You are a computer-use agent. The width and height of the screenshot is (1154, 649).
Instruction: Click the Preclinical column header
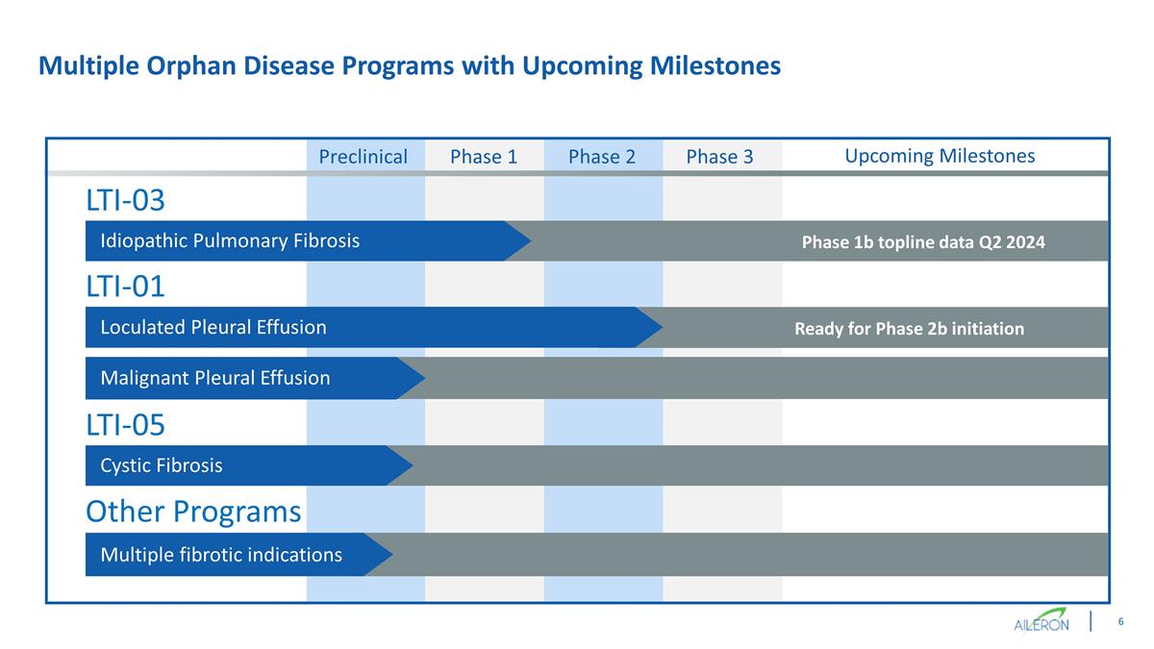pyautogui.click(x=364, y=157)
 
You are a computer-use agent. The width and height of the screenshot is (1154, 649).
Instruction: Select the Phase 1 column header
pyautogui.click(x=484, y=157)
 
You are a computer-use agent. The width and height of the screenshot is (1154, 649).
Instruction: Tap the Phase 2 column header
pyautogui.click(x=602, y=157)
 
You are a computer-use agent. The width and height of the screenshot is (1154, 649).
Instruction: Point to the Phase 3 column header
pyautogui.click(x=719, y=157)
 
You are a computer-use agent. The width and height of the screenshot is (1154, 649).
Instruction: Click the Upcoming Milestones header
pyautogui.click(x=940, y=156)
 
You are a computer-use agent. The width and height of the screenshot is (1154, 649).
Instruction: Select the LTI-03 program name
pyautogui.click(x=125, y=200)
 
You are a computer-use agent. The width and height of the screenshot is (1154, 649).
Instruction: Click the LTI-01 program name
pyautogui.click(x=125, y=287)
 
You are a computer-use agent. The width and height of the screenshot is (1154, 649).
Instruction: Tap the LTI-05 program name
pyautogui.click(x=125, y=425)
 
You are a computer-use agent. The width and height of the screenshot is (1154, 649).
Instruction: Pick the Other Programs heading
pyautogui.click(x=193, y=512)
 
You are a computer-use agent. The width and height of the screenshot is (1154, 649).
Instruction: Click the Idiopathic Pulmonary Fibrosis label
pyautogui.click(x=230, y=241)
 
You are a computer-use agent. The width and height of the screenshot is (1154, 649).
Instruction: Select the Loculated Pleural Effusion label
pyautogui.click(x=213, y=328)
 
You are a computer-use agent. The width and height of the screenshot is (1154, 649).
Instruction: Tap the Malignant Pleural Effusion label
pyautogui.click(x=215, y=378)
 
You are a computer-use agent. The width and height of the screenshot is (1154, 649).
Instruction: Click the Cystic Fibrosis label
pyautogui.click(x=162, y=465)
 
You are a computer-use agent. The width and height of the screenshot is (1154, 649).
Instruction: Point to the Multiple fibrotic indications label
pyautogui.click(x=221, y=555)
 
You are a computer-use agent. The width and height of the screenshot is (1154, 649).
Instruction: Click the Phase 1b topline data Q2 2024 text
pyautogui.click(x=923, y=242)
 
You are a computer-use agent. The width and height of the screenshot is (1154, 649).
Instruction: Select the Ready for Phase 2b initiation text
pyautogui.click(x=910, y=329)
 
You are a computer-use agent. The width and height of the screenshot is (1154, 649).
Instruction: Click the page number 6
pyautogui.click(x=1120, y=622)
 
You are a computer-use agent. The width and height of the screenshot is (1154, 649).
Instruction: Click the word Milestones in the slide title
pyautogui.click(x=715, y=66)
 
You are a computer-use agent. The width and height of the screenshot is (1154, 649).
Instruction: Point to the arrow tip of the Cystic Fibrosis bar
pyautogui.click(x=413, y=465)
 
